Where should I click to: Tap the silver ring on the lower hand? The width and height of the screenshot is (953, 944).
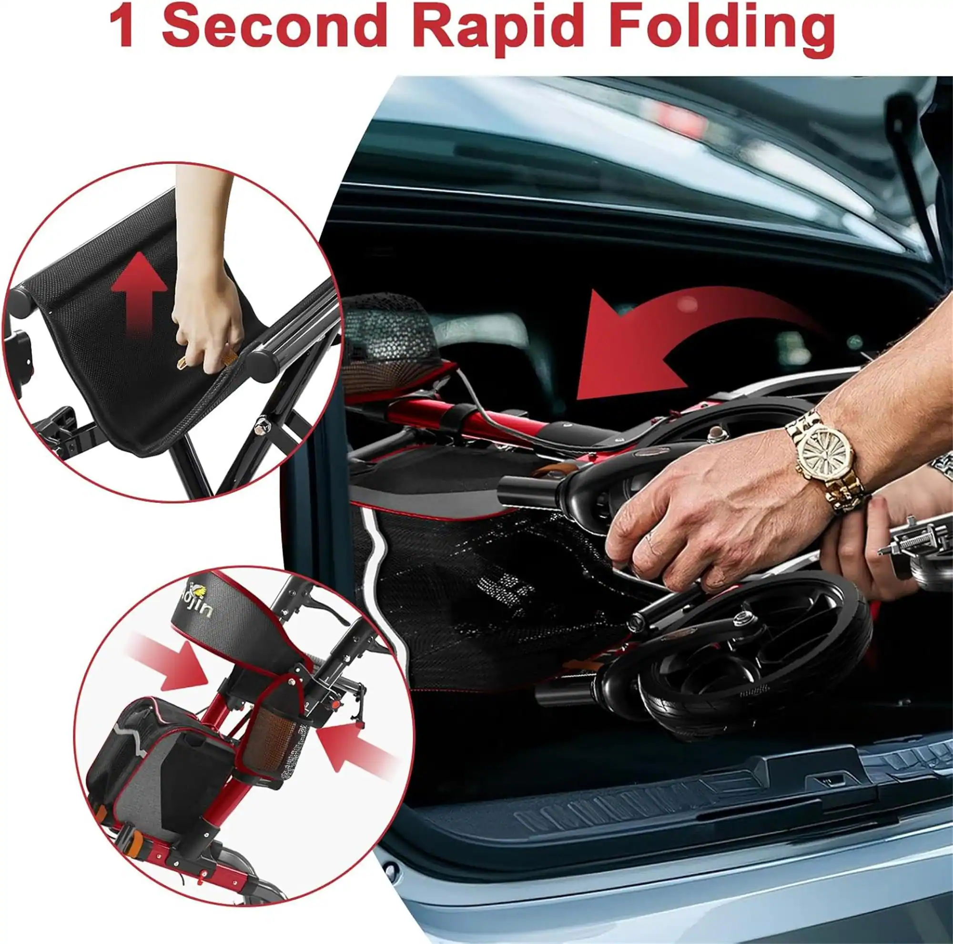910,524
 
